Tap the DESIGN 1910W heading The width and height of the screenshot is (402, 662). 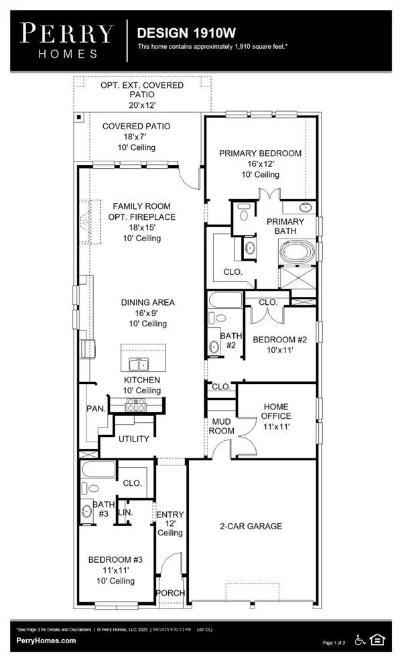[x=176, y=32]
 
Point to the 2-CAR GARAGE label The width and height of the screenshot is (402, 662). [x=251, y=527]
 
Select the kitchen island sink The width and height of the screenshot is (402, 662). [x=139, y=364]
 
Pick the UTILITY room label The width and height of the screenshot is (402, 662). [x=133, y=439]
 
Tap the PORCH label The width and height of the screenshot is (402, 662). [x=170, y=594]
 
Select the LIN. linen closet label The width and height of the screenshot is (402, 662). [x=125, y=512]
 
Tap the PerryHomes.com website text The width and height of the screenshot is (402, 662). [x=46, y=641]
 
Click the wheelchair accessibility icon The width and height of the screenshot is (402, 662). [x=359, y=640]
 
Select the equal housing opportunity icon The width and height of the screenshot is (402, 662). [x=378, y=640]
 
